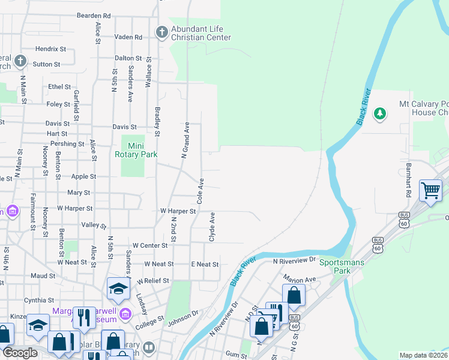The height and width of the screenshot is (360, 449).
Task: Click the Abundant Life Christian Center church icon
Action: (161, 31)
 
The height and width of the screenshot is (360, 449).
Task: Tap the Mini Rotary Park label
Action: (136, 149)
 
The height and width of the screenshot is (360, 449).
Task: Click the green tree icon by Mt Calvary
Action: (379, 113)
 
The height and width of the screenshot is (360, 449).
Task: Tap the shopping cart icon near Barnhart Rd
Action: (430, 190)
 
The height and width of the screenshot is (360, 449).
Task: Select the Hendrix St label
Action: (50, 49)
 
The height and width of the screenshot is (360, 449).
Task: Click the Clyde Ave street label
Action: (212, 227)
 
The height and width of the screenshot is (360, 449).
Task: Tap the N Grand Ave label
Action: (186, 140)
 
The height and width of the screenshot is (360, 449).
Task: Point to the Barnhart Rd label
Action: (408, 179)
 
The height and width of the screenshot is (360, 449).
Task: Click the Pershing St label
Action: (67, 144)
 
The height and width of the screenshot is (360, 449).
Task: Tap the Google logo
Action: (20, 353)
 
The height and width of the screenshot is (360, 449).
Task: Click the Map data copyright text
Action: (423, 355)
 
